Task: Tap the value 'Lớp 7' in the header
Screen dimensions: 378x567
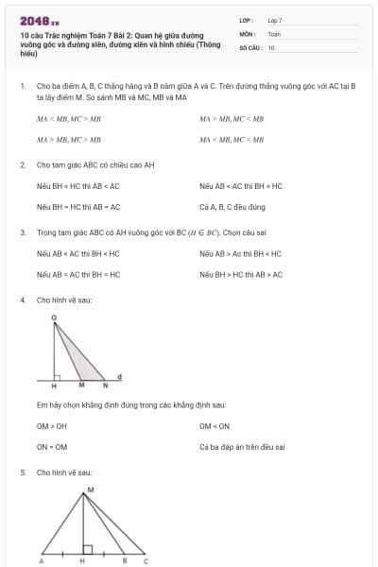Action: (275, 20)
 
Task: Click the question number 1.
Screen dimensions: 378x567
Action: (22, 85)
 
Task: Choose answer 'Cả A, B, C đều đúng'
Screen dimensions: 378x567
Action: (232, 206)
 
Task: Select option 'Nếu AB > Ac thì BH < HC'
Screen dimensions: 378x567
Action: (241, 253)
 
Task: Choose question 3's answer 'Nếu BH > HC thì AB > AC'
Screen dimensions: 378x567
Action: (241, 274)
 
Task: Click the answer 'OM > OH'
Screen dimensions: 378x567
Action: (52, 426)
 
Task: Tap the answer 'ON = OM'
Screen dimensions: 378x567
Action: (52, 447)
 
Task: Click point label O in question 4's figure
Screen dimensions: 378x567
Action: (53, 318)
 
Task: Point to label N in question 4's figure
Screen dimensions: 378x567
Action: (105, 386)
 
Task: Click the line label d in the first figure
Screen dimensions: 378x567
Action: (118, 376)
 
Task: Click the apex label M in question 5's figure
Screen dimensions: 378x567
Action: (90, 489)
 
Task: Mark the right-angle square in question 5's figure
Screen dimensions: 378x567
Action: (86, 548)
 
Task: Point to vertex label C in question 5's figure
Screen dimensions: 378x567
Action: (145, 561)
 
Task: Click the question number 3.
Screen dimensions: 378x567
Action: (22, 232)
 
